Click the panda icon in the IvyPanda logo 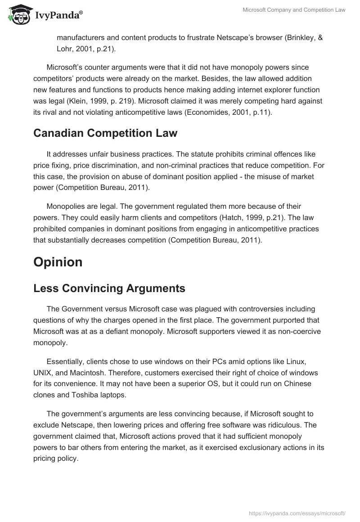coord(18,15)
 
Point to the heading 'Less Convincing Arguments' coord(109,288)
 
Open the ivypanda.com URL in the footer coord(297,513)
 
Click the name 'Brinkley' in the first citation coord(299,38)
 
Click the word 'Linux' coord(297,362)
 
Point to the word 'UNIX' coord(43,373)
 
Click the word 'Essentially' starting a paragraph coord(67,362)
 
